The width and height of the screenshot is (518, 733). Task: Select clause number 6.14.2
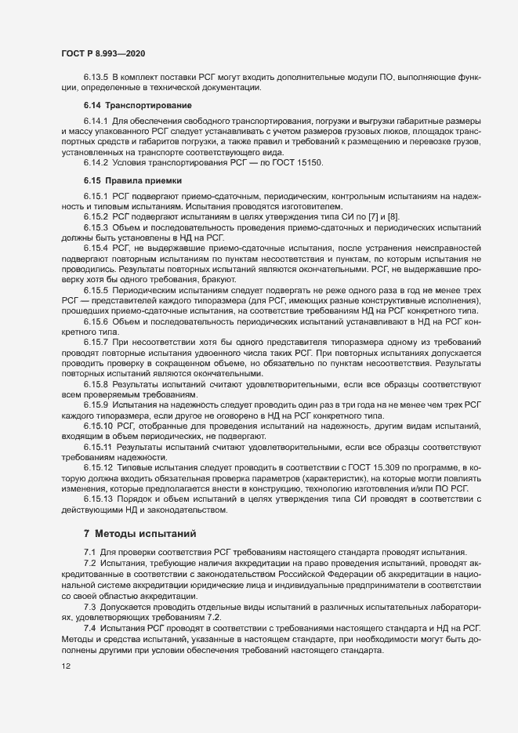pos(96,161)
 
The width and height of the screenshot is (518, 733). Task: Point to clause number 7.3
pos(89,607)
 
